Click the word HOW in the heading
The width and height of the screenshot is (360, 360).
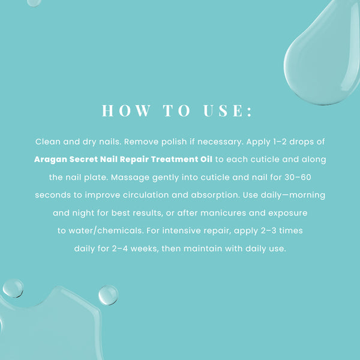point(126,110)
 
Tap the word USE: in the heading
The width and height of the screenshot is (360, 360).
point(228,110)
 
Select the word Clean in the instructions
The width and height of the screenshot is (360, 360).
point(48,142)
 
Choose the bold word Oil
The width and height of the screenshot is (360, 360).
point(206,160)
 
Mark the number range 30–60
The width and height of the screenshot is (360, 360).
point(298,177)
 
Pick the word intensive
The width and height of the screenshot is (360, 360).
point(181,230)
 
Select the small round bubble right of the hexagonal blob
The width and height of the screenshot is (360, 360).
point(109,295)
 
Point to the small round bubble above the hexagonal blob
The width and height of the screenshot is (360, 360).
point(13,289)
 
